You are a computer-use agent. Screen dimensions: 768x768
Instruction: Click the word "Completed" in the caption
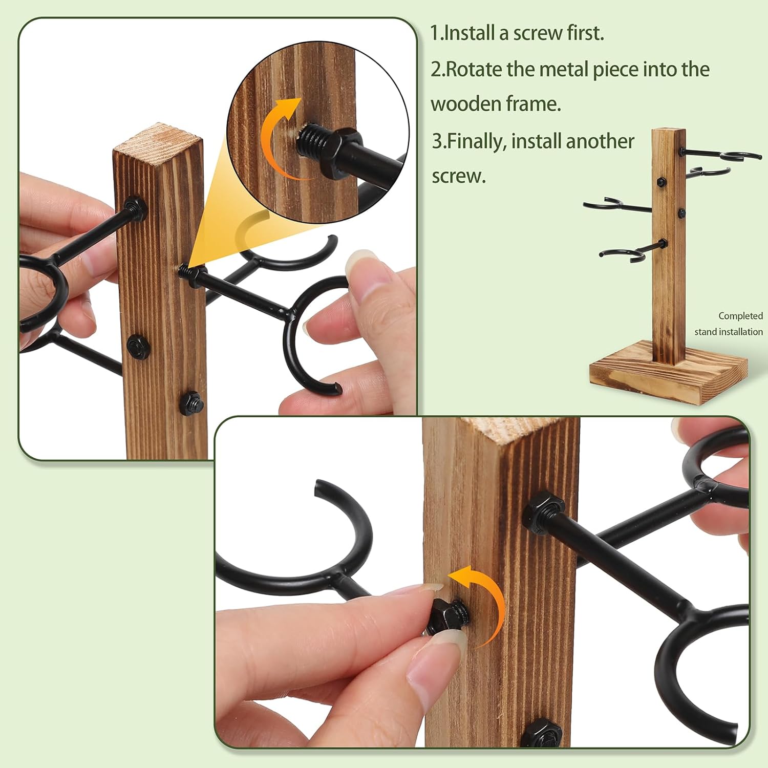pyautogui.click(x=740, y=316)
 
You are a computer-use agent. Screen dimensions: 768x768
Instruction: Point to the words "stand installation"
pyautogui.click(x=729, y=332)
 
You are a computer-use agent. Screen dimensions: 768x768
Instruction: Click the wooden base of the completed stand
pyautogui.click(x=669, y=379)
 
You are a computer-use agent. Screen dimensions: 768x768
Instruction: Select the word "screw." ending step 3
pyautogui.click(x=459, y=177)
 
